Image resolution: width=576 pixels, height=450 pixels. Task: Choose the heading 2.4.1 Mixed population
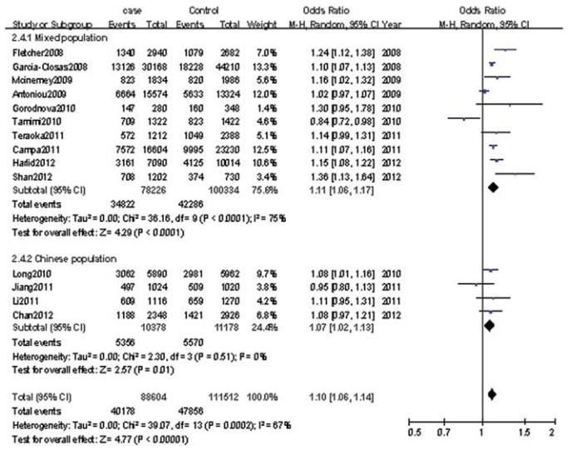55,39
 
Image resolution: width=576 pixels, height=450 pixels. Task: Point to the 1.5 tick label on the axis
523,432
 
